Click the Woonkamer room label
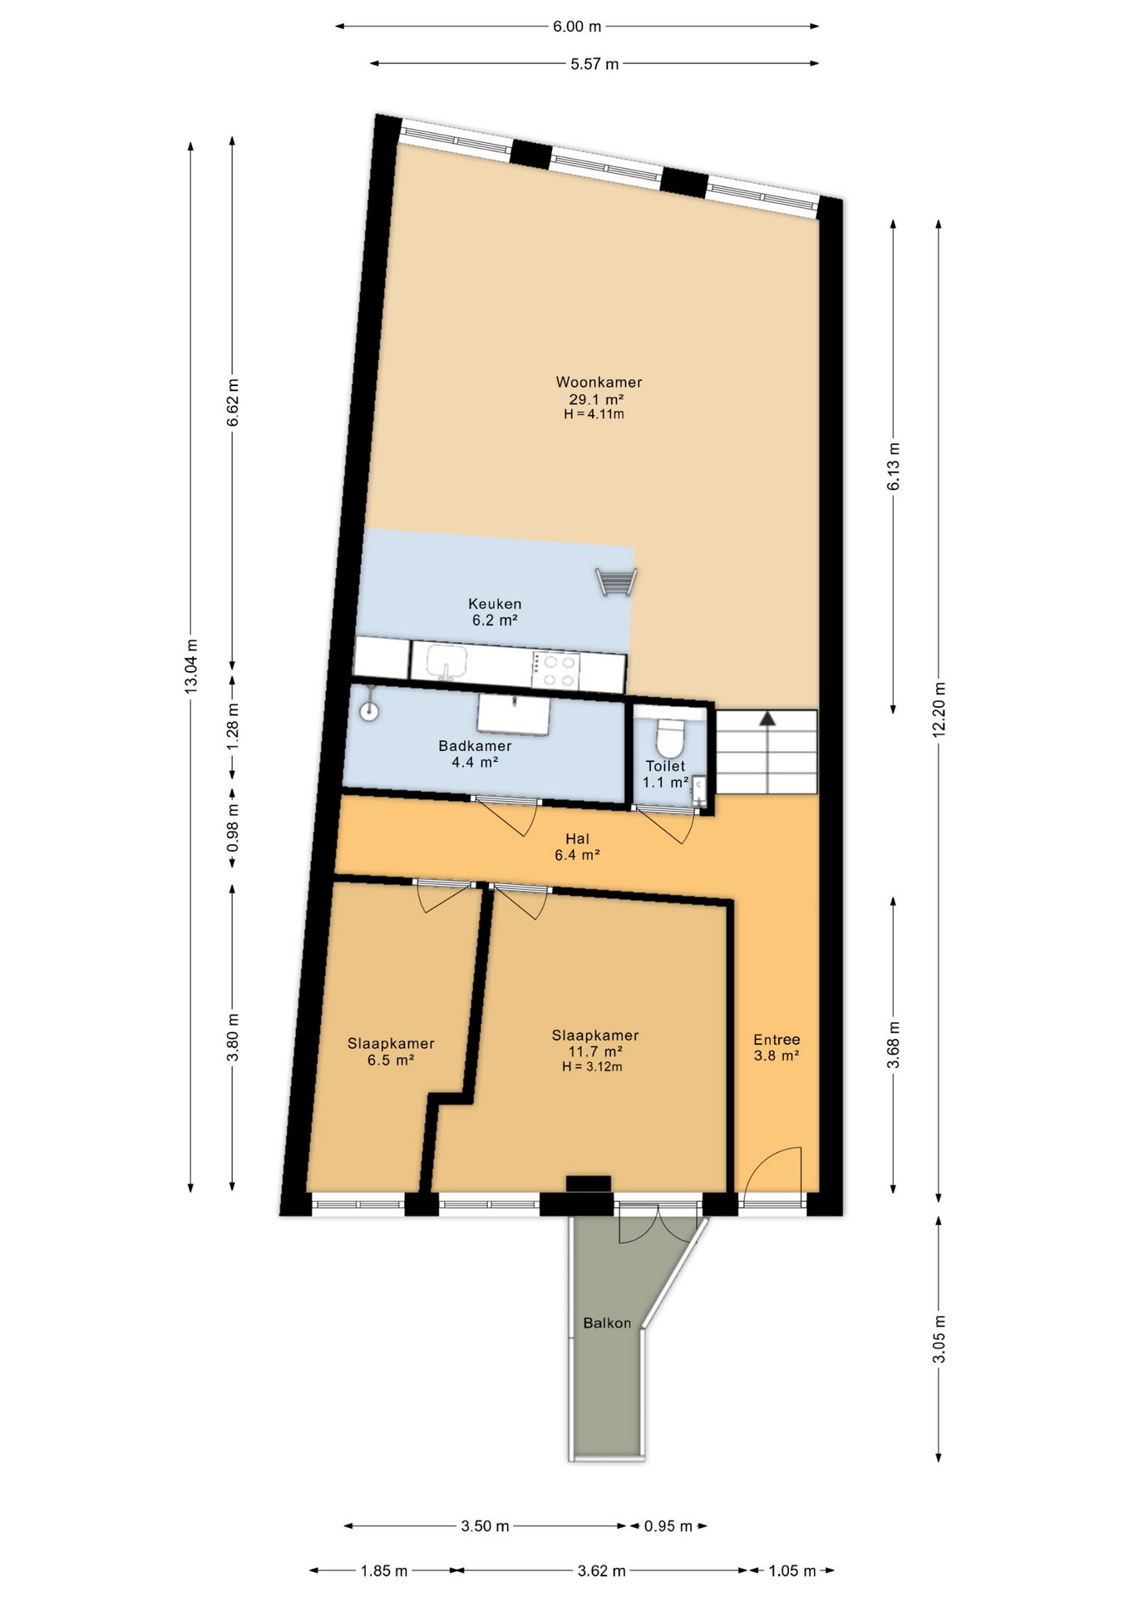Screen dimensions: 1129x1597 coord(599,383)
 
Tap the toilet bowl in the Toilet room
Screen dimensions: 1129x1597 coord(669,735)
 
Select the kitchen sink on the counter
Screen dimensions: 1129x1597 coord(448,663)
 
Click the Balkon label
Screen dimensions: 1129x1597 coord(607,1323)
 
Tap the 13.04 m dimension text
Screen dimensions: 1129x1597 coord(191,666)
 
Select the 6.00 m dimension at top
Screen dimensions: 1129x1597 coord(577,27)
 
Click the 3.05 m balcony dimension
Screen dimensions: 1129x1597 coord(939,1339)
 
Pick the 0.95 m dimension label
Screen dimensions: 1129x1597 coord(668,1526)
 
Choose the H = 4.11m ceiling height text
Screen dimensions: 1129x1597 coord(594,413)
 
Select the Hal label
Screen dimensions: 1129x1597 coord(577,839)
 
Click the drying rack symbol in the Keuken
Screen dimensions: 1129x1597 coord(616,581)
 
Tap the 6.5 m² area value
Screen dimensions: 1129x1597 coord(391,1061)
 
